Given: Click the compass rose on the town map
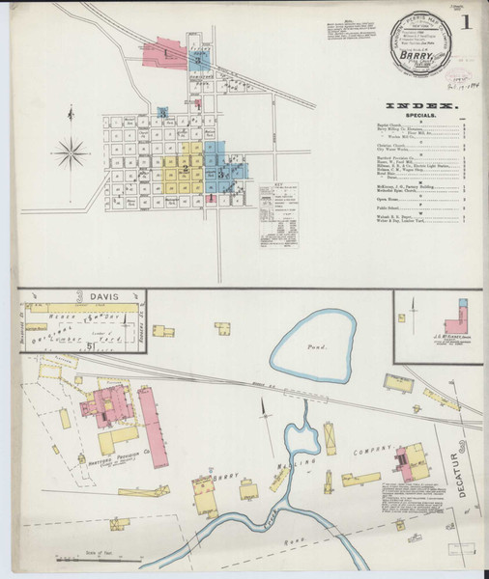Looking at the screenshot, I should click(x=71, y=152).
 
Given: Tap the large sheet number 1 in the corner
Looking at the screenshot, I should click(x=468, y=20).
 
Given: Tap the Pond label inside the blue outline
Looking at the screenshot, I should click(x=316, y=346).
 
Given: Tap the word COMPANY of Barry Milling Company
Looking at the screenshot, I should click(x=374, y=451).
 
